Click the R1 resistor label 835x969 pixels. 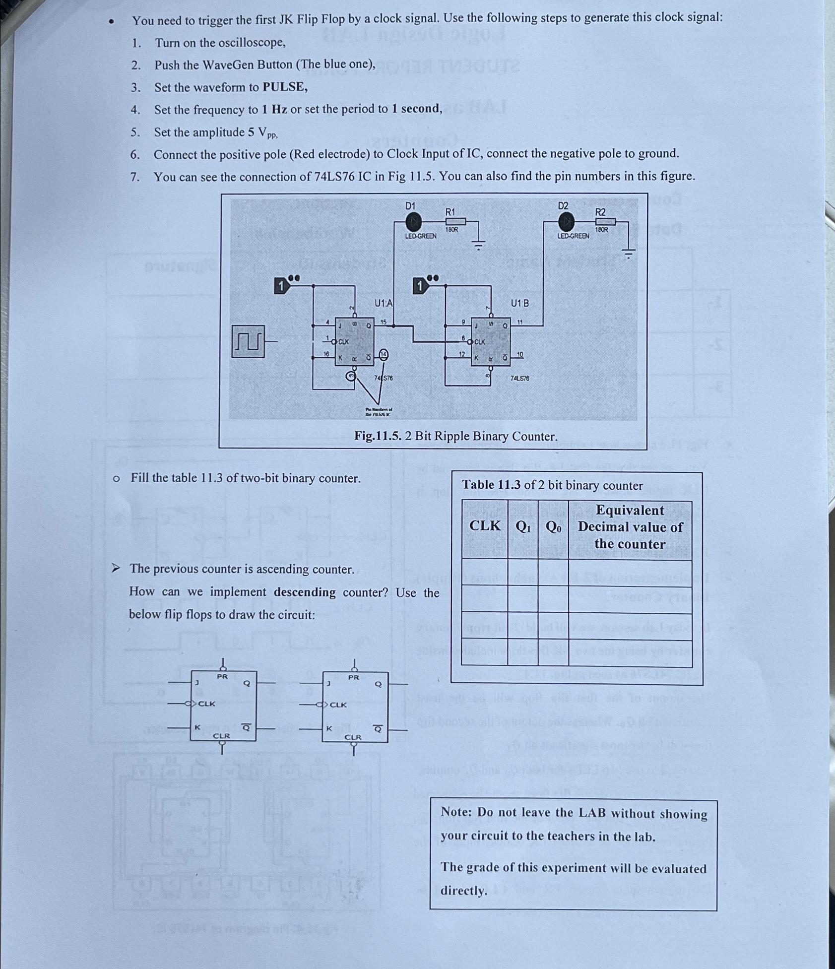[450, 212]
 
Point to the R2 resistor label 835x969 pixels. [600, 212]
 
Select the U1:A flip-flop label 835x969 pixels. [383, 303]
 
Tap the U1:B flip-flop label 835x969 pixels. [520, 303]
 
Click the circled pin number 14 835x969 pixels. [384, 354]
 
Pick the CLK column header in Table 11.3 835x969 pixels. [485, 526]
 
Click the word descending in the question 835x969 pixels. [305, 592]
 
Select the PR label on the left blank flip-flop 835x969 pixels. [222, 677]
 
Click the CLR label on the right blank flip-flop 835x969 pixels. [353, 737]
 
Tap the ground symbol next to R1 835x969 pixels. [478, 245]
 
